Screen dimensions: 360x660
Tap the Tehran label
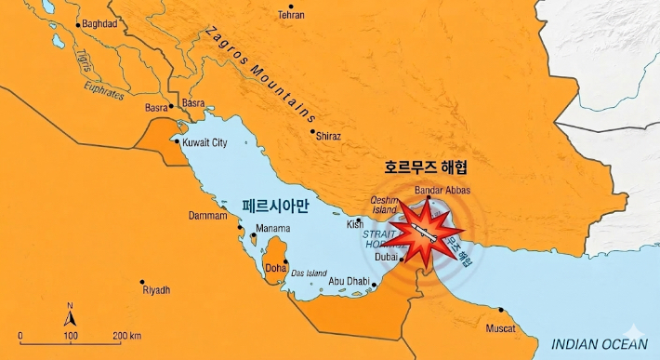pyautogui.click(x=291, y=16)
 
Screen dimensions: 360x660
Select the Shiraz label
pyautogui.click(x=328, y=136)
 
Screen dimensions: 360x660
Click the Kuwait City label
pyautogui.click(x=205, y=143)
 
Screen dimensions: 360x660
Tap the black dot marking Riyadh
pyautogui.click(x=142, y=282)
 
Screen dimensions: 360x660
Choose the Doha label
pyautogui.click(x=276, y=268)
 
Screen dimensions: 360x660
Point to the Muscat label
pyautogui.click(x=500, y=328)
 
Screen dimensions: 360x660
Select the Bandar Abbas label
pyautogui.click(x=442, y=190)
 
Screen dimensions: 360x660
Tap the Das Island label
pyautogui.click(x=309, y=273)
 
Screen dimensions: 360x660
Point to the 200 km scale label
pyautogui.click(x=126, y=335)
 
